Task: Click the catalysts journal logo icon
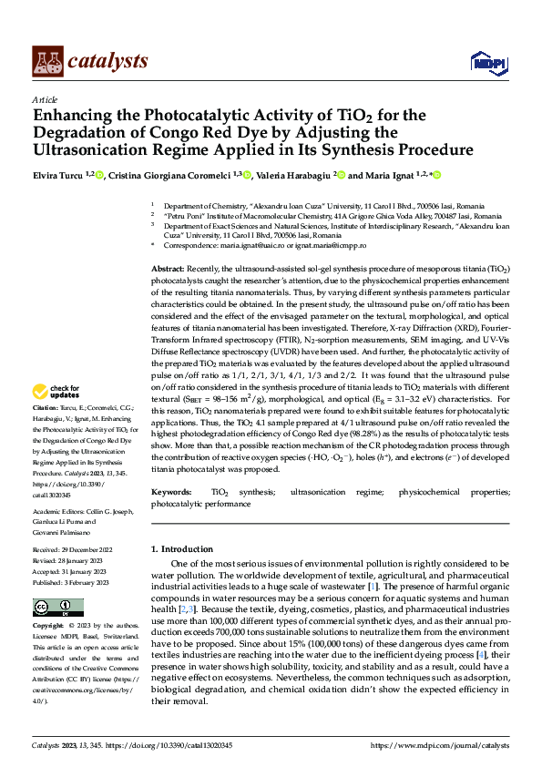(x=47, y=61)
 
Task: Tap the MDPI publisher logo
(x=487, y=62)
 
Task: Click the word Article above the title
(x=45, y=99)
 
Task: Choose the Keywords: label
(x=171, y=493)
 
